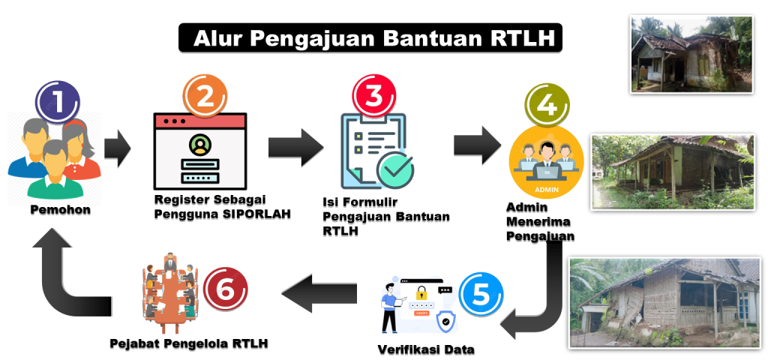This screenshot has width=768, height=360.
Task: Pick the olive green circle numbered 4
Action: pyautogui.click(x=547, y=105)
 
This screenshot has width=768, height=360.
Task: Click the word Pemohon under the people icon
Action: pyautogui.click(x=60, y=210)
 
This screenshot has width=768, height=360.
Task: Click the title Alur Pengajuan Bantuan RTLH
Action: pyautogui.click(x=369, y=38)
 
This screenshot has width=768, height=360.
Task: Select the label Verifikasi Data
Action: pyautogui.click(x=425, y=349)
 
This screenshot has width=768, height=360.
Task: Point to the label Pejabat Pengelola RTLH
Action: pyautogui.click(x=188, y=343)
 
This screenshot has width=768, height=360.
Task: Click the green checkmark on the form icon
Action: pyautogui.click(x=394, y=169)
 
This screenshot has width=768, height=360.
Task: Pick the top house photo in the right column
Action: pyautogui.click(x=690, y=54)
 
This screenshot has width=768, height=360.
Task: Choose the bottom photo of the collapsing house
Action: pyautogui.click(x=664, y=302)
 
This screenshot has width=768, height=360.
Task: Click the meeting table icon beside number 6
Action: pyautogui.click(x=169, y=293)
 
